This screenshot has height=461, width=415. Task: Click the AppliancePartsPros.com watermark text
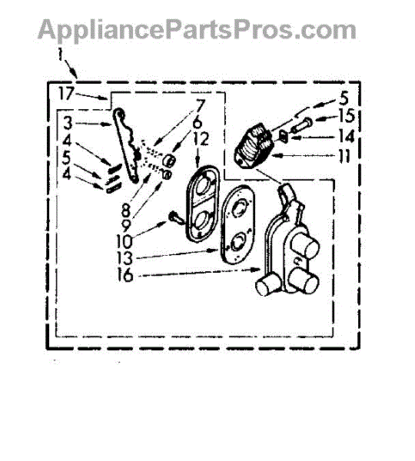(x=197, y=29)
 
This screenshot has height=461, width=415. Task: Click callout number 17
(x=66, y=94)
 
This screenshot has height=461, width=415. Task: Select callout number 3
(x=68, y=123)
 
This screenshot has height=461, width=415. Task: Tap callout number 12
(x=201, y=139)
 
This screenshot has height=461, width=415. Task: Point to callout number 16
(x=125, y=275)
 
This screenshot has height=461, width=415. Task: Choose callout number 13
(x=124, y=258)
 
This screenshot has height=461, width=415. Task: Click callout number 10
(x=124, y=241)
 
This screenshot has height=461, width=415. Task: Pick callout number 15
(x=347, y=115)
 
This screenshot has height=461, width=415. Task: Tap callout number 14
(x=347, y=136)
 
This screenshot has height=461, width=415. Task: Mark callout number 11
(x=345, y=156)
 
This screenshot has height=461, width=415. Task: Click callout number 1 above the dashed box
(x=60, y=54)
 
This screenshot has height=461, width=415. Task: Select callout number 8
(x=125, y=211)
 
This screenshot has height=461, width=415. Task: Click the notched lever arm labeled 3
(x=126, y=144)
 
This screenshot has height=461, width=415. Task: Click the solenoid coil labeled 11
(x=254, y=147)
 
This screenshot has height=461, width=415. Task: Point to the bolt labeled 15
(x=301, y=124)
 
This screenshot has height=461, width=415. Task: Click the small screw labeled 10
(x=173, y=218)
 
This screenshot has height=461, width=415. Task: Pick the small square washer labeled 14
(x=284, y=136)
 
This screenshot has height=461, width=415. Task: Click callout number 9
(x=125, y=225)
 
